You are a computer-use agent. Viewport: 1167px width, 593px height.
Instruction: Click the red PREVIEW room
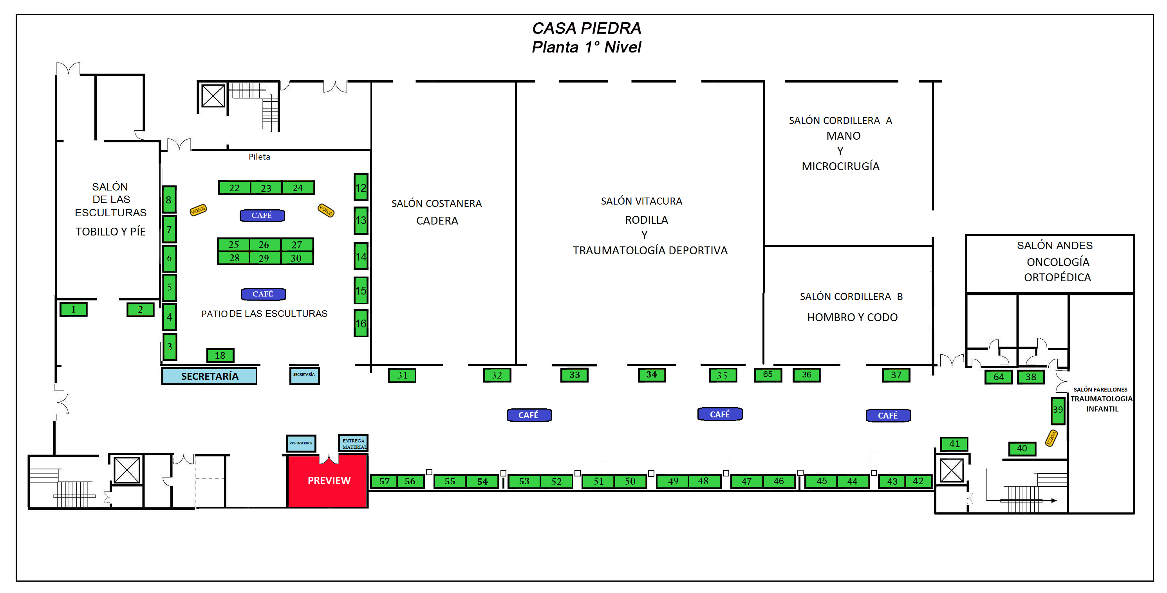[328, 481]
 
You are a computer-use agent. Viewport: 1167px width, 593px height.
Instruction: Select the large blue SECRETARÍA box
[209, 376]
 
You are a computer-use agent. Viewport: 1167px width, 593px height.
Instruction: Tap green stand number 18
[220, 355]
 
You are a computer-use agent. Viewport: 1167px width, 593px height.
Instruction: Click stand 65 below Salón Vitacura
[768, 375]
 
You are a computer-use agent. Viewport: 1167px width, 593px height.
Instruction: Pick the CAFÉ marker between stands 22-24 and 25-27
[262, 216]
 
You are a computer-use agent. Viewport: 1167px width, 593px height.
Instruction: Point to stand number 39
[1057, 410]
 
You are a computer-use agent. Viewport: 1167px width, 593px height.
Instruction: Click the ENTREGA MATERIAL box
[353, 443]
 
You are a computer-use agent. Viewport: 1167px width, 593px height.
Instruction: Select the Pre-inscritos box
[301, 443]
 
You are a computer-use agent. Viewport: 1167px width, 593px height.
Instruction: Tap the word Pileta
[259, 156]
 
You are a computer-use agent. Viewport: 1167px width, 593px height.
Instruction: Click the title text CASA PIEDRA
[586, 28]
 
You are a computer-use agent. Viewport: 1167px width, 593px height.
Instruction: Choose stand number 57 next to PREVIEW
[384, 481]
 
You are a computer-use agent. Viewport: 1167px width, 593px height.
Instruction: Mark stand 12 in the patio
[361, 187]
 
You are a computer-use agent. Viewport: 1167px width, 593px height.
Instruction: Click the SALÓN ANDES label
[1054, 245]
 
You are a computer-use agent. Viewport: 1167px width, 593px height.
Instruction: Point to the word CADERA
[437, 221]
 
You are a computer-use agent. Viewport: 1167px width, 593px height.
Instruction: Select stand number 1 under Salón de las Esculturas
[73, 310]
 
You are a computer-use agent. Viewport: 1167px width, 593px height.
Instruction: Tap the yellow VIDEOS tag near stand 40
[1051, 438]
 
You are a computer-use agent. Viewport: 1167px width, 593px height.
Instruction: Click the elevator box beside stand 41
[951, 471]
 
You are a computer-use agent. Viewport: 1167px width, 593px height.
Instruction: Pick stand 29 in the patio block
[264, 259]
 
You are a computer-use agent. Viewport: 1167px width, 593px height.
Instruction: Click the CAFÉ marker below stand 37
[887, 415]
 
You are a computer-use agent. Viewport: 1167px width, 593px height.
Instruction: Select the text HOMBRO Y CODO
[852, 317]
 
